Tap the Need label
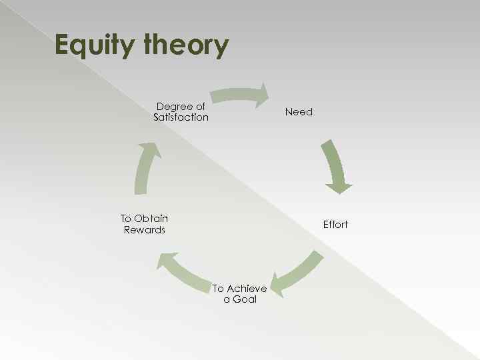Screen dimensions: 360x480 tap(299, 112)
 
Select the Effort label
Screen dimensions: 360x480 tap(335, 225)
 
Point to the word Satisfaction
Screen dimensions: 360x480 tap(181, 117)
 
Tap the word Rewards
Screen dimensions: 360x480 tap(144, 230)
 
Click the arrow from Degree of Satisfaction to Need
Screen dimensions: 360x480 tap(237, 95)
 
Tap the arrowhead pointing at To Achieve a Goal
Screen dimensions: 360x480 tap(279, 285)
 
